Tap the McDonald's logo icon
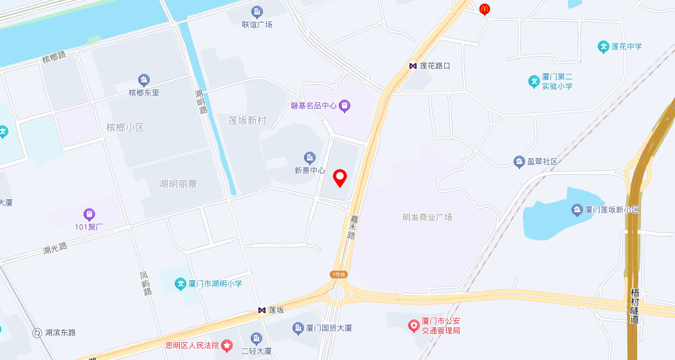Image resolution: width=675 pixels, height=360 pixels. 485,9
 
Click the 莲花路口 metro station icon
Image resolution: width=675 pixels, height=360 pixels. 413,66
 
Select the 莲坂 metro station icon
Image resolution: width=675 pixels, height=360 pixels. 262,310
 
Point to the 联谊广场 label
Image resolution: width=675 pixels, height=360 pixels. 256,24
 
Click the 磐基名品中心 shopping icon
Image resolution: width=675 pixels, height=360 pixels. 345,105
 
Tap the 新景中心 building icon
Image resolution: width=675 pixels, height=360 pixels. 310,157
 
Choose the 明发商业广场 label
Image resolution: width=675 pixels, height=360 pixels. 428,217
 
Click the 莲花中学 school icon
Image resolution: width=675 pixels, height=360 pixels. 603,46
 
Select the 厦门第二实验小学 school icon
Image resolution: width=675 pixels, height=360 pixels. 533,82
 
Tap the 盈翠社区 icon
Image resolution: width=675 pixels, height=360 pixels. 519,161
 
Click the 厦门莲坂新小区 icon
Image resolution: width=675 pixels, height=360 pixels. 577,210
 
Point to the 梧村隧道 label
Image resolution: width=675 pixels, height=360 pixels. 635,305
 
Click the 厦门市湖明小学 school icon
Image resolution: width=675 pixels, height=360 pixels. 181,283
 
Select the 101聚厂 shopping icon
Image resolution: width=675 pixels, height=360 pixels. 89,214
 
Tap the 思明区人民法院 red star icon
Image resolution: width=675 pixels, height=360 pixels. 227,345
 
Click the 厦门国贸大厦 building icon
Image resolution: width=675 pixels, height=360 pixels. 298,328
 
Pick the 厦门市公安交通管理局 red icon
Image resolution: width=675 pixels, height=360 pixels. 415,326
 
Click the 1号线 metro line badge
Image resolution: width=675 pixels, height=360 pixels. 339,274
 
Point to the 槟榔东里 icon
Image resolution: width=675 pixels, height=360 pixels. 144,80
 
